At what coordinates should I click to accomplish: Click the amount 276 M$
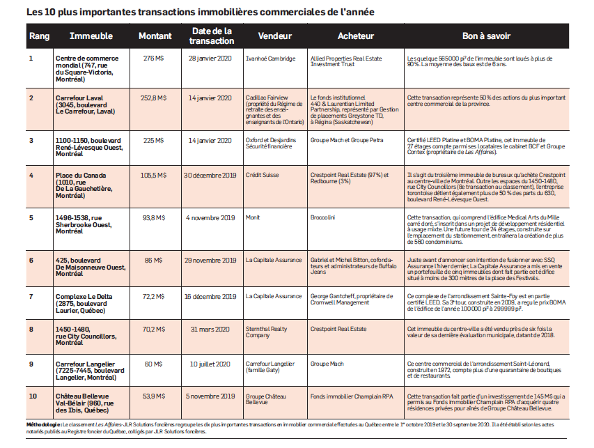point(153,59)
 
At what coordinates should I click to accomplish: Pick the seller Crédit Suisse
point(263,176)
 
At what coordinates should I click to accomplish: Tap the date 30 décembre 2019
point(211,176)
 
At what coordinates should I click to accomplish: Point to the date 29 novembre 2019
point(211,259)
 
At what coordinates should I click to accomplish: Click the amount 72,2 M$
point(153,295)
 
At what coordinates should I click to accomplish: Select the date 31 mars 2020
point(211,329)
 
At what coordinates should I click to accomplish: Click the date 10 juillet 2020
point(211,363)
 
